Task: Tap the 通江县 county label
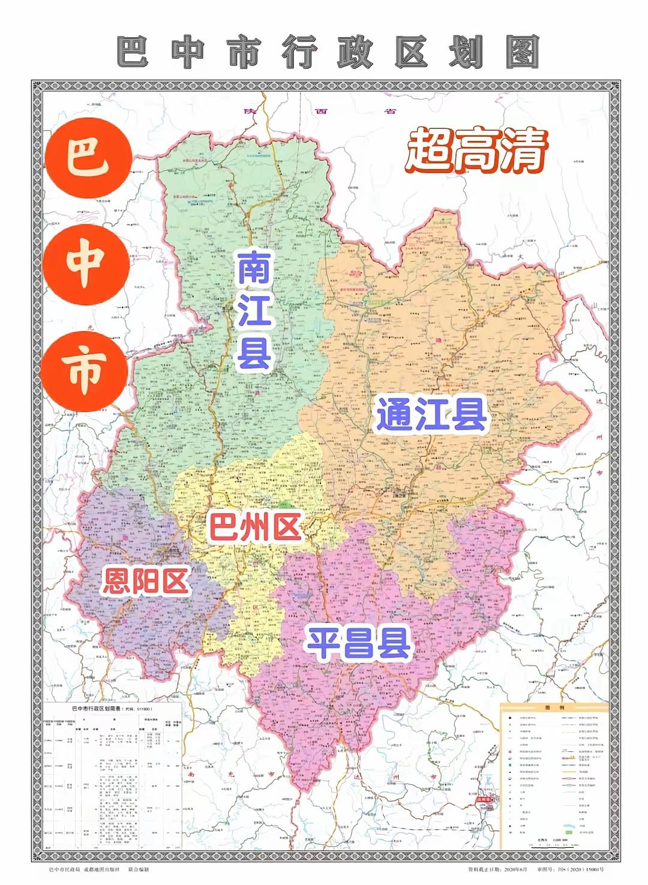point(431,416)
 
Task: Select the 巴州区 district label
point(254,527)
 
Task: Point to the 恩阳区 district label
point(146,580)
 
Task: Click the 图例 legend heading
point(551,708)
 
